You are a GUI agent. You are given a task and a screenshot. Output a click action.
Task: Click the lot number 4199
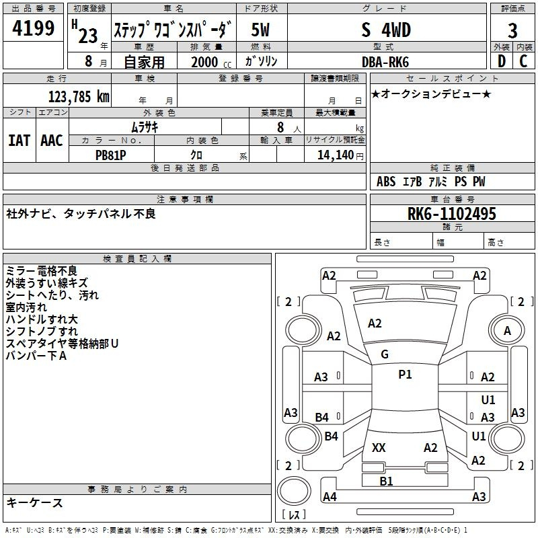(33, 28)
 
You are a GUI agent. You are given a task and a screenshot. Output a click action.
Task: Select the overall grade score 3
(512, 31)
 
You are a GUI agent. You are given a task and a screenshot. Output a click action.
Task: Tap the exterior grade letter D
(502, 61)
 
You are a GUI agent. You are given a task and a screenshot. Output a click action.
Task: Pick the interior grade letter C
(523, 61)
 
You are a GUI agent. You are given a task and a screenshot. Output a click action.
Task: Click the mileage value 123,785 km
(79, 97)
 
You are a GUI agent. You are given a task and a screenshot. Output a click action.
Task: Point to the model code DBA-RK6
(385, 62)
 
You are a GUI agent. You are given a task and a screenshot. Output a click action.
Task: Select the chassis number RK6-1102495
(451, 214)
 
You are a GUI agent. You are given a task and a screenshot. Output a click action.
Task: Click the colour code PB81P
(110, 155)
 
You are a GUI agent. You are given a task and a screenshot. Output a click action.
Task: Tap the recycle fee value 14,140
(335, 155)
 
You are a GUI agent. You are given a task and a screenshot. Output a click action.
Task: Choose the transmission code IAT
(19, 141)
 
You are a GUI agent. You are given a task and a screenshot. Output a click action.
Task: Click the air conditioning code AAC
(52, 141)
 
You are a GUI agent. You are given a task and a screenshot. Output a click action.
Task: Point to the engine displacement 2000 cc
(211, 62)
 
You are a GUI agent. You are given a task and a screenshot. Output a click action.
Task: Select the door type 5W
(260, 30)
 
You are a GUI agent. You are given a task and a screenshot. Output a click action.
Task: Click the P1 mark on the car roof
(405, 375)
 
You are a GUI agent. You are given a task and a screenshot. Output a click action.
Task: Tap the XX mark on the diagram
(379, 448)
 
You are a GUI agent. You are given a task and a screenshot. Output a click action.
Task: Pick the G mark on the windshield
(385, 354)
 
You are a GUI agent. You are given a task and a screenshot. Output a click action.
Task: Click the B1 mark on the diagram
(386, 482)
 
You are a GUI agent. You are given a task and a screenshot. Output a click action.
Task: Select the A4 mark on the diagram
(330, 496)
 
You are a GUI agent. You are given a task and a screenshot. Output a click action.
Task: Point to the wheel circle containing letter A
(507, 330)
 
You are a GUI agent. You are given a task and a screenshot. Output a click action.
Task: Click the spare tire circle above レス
(294, 491)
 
